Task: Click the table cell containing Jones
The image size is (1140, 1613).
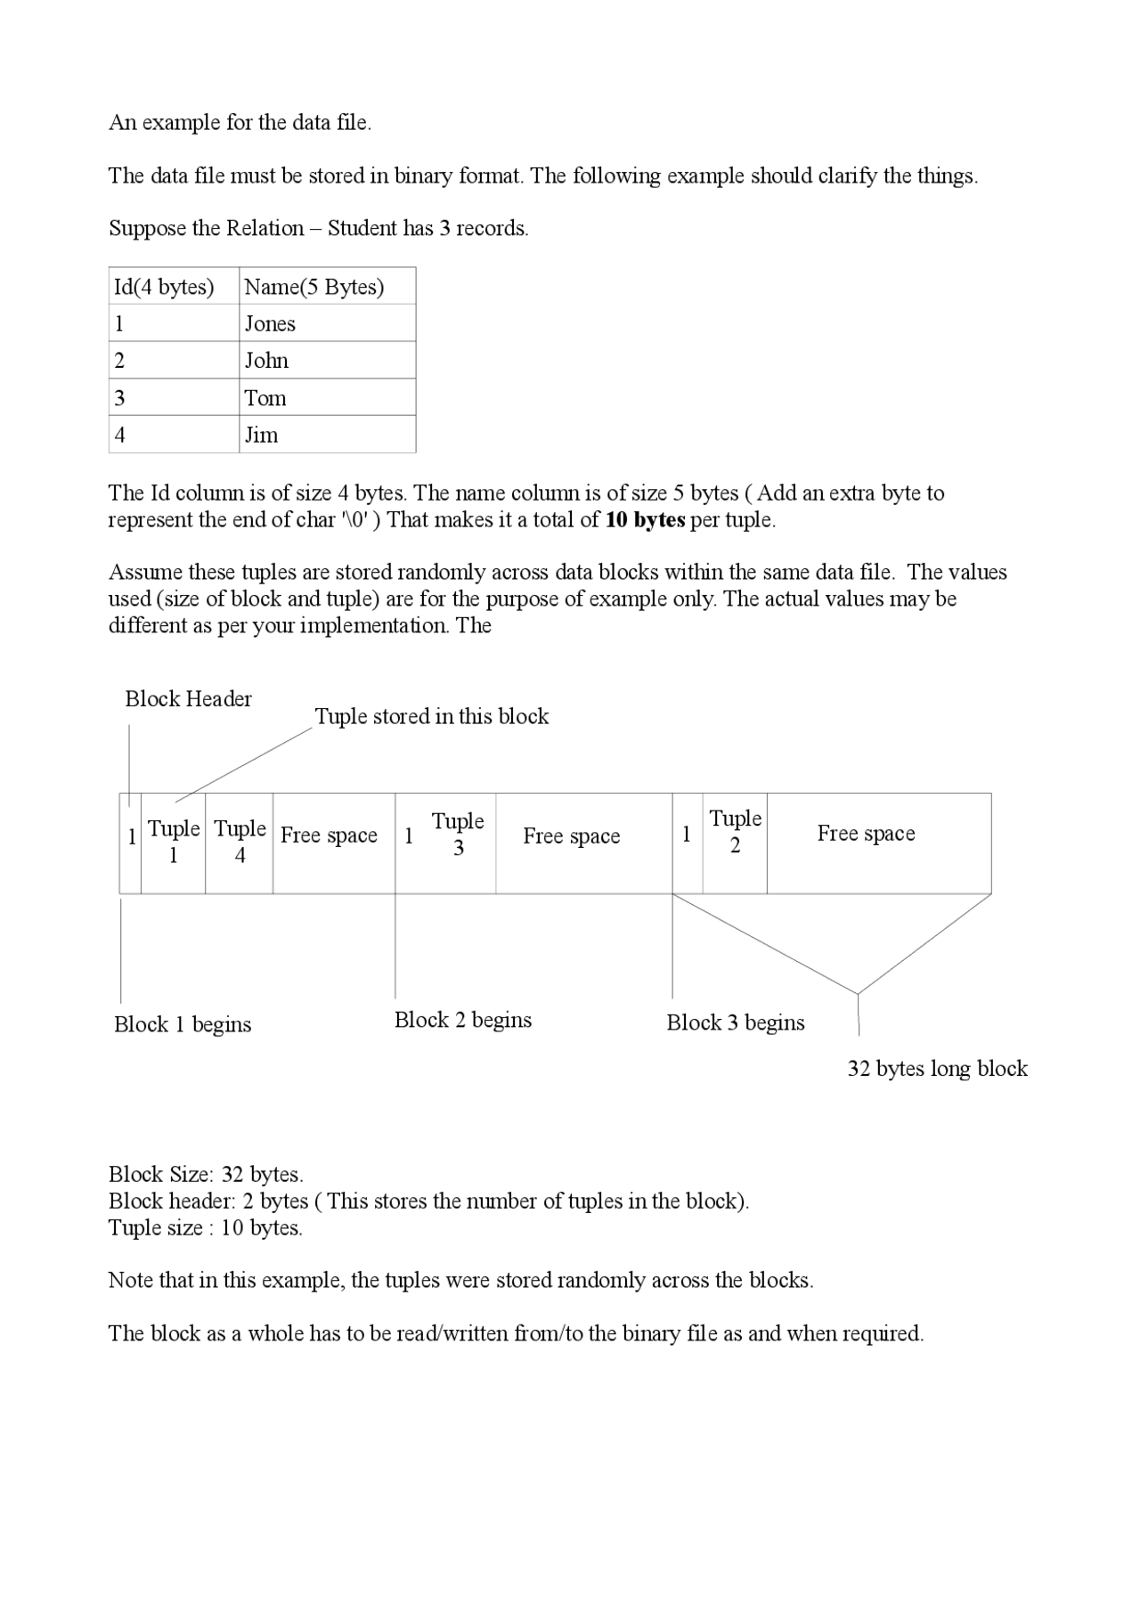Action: tap(327, 323)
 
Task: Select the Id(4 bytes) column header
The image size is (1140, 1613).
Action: tap(174, 287)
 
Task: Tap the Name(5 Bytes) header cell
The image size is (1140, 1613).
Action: tap(327, 287)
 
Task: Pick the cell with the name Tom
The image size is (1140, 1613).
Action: tap(327, 397)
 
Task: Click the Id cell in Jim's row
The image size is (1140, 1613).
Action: tap(174, 435)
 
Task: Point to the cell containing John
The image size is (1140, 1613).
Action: tap(327, 361)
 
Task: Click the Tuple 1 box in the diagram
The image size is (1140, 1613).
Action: tap(173, 842)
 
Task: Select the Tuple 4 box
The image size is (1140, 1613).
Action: tap(240, 842)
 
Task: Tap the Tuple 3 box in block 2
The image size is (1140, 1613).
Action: tap(458, 835)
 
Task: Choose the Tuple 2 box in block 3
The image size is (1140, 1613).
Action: tap(735, 832)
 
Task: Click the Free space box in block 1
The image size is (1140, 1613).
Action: tap(330, 835)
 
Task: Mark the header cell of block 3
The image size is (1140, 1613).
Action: tap(687, 835)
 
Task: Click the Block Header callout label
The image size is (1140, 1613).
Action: tap(188, 699)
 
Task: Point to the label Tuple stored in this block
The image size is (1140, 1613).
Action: tap(432, 717)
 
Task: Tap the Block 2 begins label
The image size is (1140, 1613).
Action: tap(463, 1020)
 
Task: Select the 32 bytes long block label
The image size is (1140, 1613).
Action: tap(937, 1069)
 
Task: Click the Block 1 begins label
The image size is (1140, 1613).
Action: tap(183, 1024)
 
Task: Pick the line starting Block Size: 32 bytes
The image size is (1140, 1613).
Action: tap(206, 1175)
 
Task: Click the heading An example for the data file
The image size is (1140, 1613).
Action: tap(240, 123)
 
